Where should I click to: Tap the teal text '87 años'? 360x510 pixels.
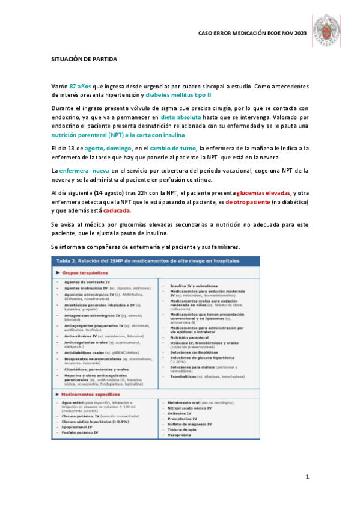pyautogui.click(x=80, y=87)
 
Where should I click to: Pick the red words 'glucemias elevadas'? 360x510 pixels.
pyautogui.click(x=263, y=192)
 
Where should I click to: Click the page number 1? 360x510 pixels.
pyautogui.click(x=307, y=477)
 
